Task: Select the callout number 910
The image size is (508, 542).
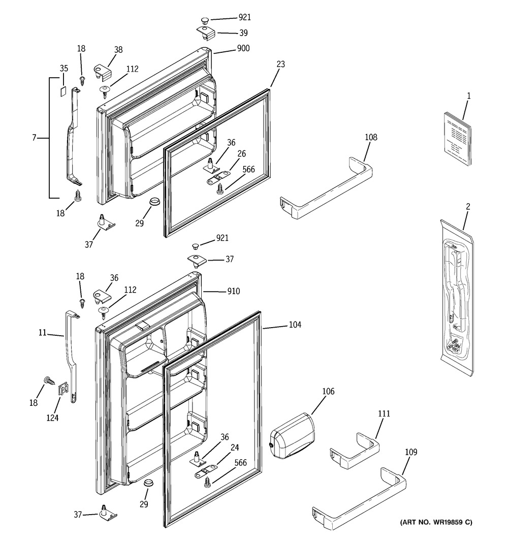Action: click(x=234, y=292)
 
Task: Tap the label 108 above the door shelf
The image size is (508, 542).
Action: click(x=371, y=137)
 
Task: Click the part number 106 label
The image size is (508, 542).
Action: click(x=328, y=391)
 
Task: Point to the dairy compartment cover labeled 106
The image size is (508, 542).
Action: click(x=292, y=435)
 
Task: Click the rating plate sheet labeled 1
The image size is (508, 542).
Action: click(x=456, y=139)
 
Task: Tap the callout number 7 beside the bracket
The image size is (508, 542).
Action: click(x=34, y=138)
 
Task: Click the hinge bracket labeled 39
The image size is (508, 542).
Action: click(x=206, y=33)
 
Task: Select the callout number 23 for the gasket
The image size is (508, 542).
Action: click(x=280, y=65)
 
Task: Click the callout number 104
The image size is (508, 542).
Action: click(x=295, y=325)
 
